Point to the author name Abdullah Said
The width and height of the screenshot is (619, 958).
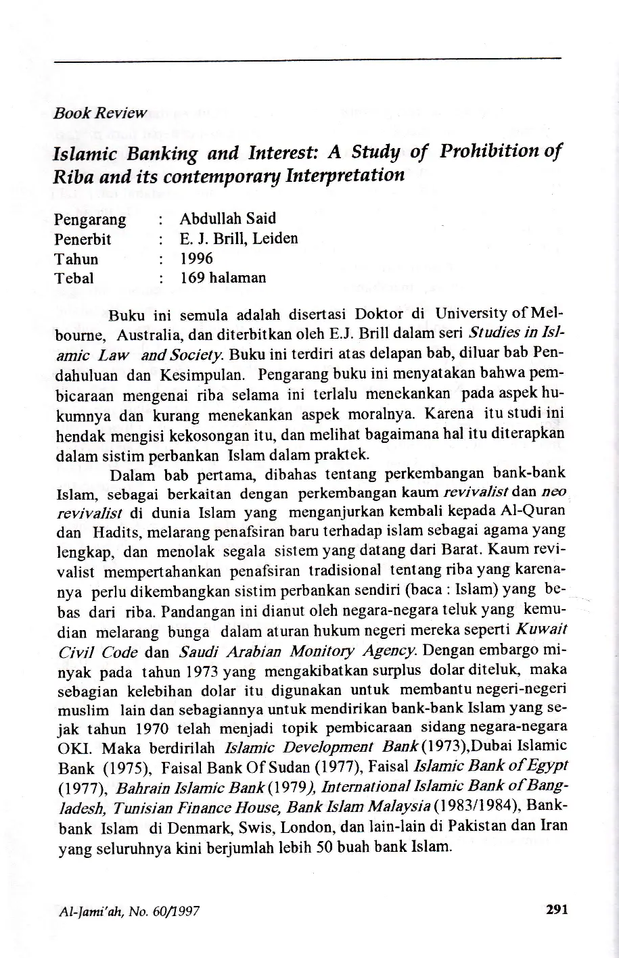pos(227,219)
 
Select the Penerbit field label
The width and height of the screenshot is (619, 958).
pos(82,239)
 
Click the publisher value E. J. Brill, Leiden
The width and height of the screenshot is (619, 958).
pos(238,239)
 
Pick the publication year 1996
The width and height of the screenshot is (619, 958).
pos(196,259)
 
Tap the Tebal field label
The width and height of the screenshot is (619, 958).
pos(74,278)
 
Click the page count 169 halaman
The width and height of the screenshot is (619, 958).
pos(223,278)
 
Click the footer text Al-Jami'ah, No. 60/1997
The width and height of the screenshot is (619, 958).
pos(126,911)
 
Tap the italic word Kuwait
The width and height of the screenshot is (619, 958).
pos(541,632)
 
